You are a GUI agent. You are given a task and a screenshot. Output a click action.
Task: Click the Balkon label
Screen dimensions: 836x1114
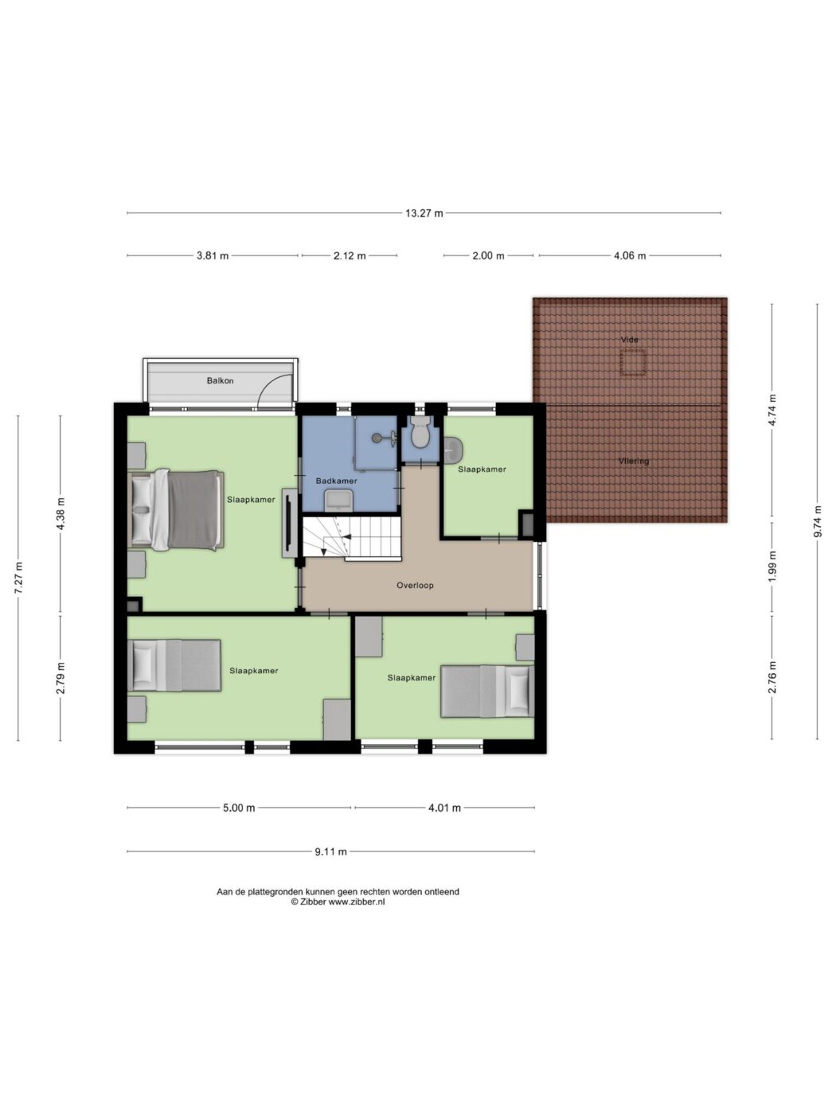tap(220, 380)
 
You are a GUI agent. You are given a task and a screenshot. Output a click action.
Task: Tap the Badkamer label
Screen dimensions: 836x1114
tap(336, 481)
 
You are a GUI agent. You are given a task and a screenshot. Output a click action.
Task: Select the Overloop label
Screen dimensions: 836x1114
tap(415, 585)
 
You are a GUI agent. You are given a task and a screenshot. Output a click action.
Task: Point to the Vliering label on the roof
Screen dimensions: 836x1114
tap(634, 462)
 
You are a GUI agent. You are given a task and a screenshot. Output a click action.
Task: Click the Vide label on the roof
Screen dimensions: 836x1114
tap(630, 340)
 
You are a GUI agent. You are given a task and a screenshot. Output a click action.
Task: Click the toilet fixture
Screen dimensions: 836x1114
tap(420, 432)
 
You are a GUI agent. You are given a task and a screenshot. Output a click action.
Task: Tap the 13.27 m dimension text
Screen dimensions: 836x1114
tap(424, 213)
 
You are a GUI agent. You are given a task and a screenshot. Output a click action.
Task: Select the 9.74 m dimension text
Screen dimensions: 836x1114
tap(817, 521)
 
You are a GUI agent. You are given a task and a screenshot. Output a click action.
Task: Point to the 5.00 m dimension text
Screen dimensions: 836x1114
tap(239, 808)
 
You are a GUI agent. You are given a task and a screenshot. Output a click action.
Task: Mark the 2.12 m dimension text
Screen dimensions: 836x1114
tap(350, 255)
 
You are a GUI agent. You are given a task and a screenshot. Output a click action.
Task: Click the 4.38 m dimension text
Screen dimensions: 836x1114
tap(61, 513)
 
